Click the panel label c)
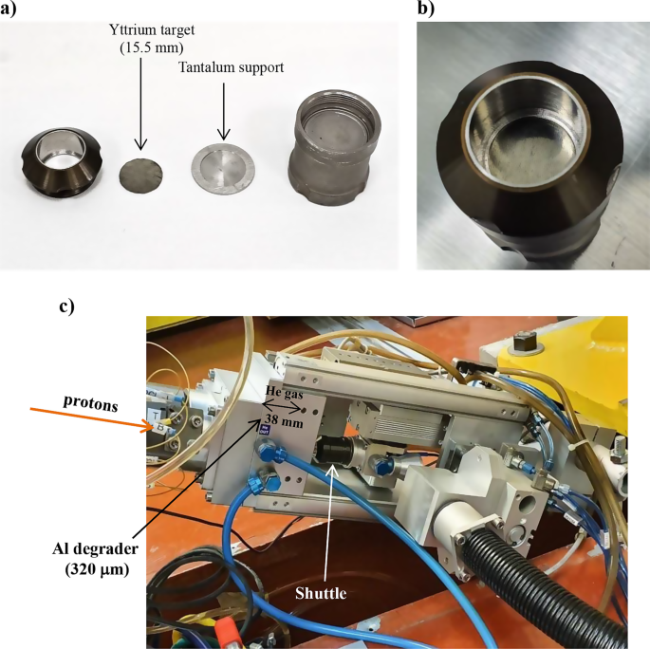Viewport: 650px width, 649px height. pos(69,306)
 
